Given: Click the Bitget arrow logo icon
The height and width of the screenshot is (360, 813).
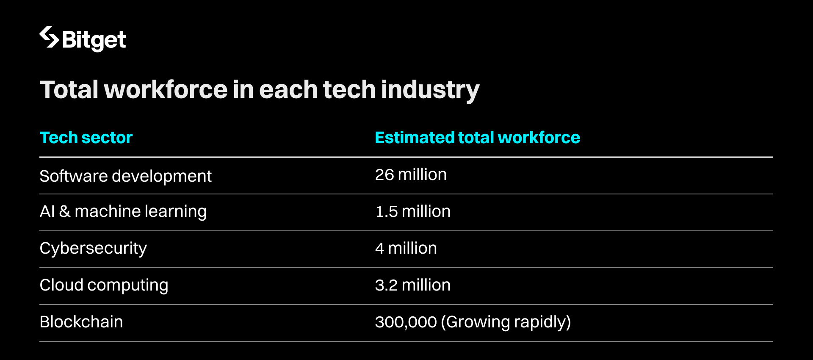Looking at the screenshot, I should pyautogui.click(x=49, y=37).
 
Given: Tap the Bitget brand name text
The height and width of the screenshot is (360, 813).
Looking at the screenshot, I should pyautogui.click(x=94, y=40).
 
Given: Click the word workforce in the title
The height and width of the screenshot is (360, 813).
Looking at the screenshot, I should pyautogui.click(x=166, y=90).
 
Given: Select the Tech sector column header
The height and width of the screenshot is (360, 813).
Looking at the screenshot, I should pyautogui.click(x=86, y=138).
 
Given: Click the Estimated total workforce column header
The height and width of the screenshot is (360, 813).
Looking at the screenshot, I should pyautogui.click(x=477, y=138).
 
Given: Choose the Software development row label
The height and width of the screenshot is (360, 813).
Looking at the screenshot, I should pyautogui.click(x=125, y=176).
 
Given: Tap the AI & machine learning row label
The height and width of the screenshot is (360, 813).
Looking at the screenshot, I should pyautogui.click(x=123, y=211).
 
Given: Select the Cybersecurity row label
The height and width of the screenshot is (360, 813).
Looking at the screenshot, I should pyautogui.click(x=93, y=249).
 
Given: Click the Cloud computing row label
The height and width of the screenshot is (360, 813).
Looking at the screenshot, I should pyautogui.click(x=104, y=285).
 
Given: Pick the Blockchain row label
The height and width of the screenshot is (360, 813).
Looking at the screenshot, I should pyautogui.click(x=81, y=322).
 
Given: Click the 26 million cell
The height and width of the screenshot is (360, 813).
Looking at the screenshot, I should pyautogui.click(x=411, y=174).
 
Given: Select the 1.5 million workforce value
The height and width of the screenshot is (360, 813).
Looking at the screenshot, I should pyautogui.click(x=413, y=211).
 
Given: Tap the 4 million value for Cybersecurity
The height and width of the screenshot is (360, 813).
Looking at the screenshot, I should pyautogui.click(x=406, y=248).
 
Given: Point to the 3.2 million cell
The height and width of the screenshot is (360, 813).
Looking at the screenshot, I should pyautogui.click(x=412, y=285).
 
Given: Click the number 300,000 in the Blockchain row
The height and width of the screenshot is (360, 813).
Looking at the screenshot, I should pyautogui.click(x=406, y=322).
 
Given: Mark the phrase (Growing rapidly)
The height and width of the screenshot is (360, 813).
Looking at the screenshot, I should pyautogui.click(x=506, y=322).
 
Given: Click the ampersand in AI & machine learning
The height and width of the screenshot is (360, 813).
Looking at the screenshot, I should pyautogui.click(x=65, y=211).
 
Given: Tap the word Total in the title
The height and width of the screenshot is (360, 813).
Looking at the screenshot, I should pyautogui.click(x=69, y=90).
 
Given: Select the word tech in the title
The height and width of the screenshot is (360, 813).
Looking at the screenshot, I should pyautogui.click(x=349, y=90).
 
